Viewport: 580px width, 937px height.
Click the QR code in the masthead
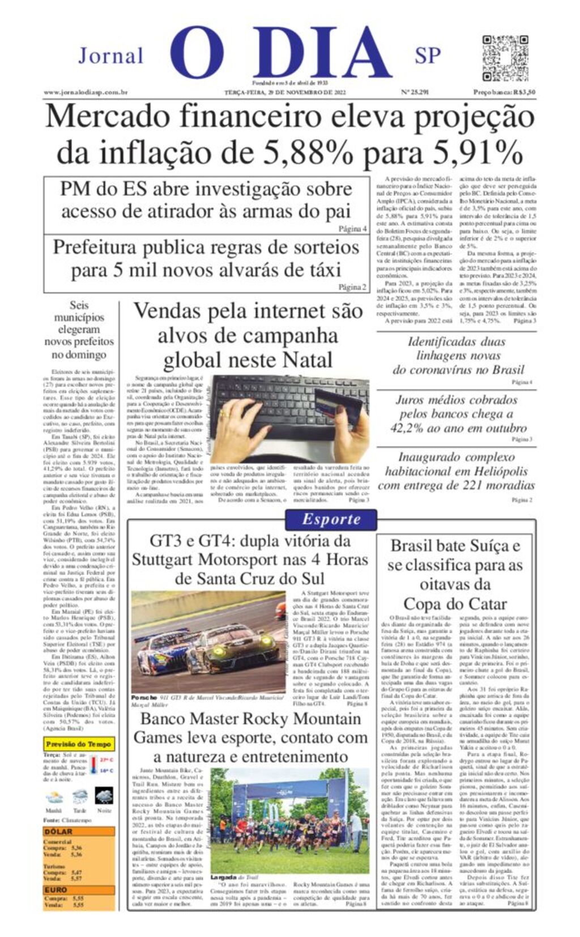coord(505,58)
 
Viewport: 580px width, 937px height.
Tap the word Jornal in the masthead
coord(111,55)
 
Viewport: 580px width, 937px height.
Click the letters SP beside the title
coord(428,55)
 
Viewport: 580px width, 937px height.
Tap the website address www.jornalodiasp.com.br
coord(86,92)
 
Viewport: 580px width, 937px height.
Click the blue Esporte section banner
coord(331,519)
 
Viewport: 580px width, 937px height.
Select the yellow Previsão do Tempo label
coord(79,743)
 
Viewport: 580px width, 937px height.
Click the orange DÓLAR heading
coord(58,831)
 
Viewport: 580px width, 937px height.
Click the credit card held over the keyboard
coord(337,405)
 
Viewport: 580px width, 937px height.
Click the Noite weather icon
coord(104,796)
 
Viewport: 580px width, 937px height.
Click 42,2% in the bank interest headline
coord(409,428)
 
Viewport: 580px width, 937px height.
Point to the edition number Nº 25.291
coord(415,92)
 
